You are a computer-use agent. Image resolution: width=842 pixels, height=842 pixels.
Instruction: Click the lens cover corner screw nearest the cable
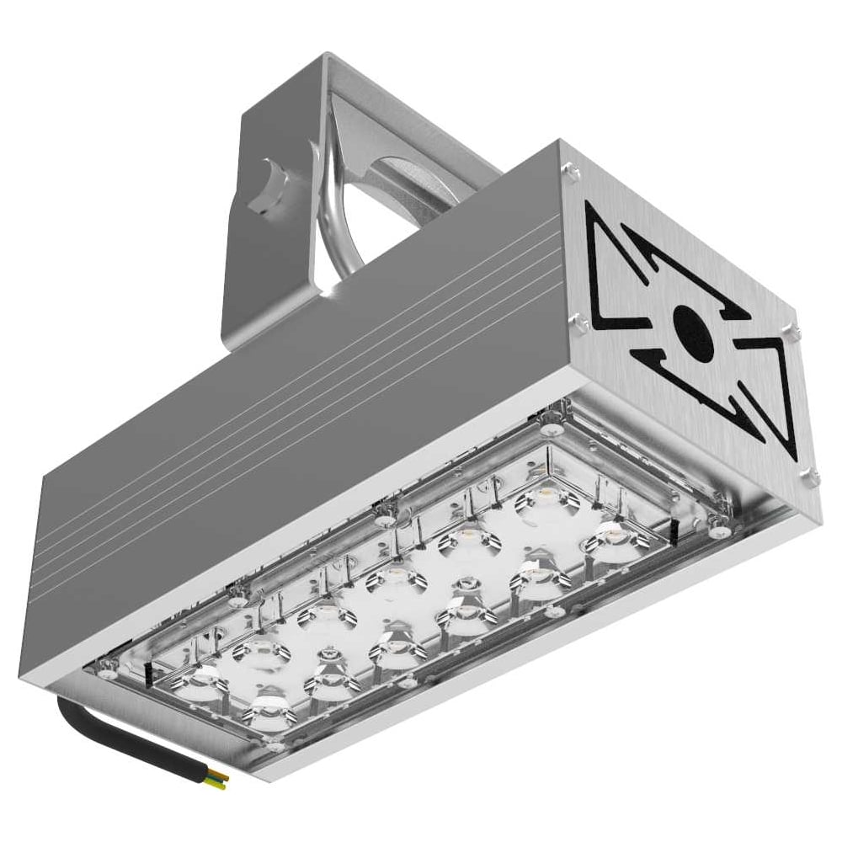[x=276, y=746]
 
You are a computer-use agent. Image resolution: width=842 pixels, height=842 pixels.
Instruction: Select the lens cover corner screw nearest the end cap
[x=717, y=531]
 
